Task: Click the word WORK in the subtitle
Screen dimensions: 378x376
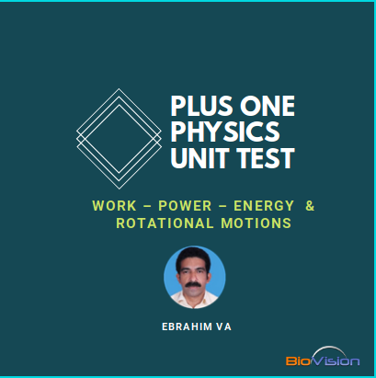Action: click(x=114, y=205)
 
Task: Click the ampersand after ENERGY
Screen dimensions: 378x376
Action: click(x=309, y=205)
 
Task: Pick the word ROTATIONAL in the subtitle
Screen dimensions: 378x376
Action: click(x=161, y=223)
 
